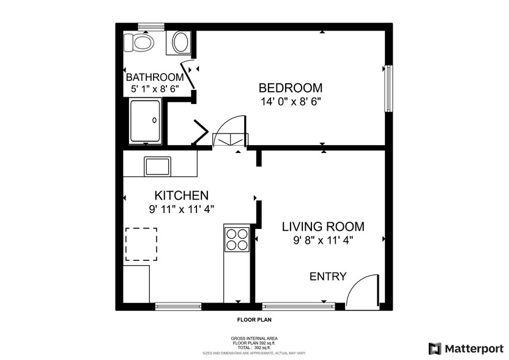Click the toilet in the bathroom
click(x=138, y=43)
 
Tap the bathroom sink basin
click(x=181, y=42)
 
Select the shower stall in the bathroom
click(x=145, y=121)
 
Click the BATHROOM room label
click(x=155, y=78)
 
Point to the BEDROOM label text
click(x=290, y=88)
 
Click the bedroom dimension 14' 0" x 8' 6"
click(x=290, y=101)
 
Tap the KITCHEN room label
click(x=181, y=196)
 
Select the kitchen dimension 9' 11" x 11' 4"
click(x=181, y=209)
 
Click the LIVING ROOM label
click(x=323, y=227)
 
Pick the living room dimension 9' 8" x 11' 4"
click(x=323, y=240)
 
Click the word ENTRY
click(x=328, y=277)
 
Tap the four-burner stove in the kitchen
click(x=237, y=239)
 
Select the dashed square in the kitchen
click(x=141, y=244)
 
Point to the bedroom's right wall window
click(x=388, y=89)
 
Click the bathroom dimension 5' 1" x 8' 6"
click(x=155, y=89)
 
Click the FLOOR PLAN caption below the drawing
click(x=254, y=320)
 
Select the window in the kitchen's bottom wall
click(x=178, y=305)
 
